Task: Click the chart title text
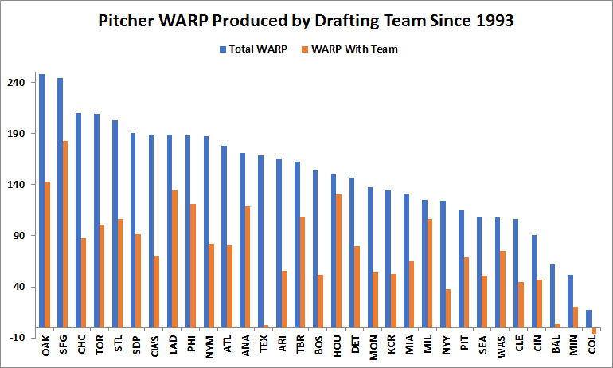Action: pos(306,21)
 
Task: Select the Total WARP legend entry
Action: pos(252,49)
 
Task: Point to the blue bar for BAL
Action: pos(552,296)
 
